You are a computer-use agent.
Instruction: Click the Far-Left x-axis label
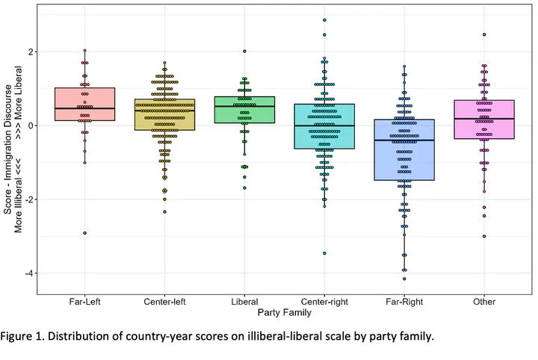click(84, 300)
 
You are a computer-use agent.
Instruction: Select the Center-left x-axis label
click(164, 300)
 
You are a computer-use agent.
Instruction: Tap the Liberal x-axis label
click(244, 300)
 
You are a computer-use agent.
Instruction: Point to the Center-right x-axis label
click(324, 300)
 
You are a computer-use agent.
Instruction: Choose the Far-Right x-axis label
click(404, 300)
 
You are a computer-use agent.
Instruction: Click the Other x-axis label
click(484, 300)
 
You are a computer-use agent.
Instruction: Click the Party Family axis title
click(285, 311)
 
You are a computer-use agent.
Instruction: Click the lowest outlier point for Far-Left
click(84, 233)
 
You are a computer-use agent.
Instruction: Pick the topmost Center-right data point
click(324, 20)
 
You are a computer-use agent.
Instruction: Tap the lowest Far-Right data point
click(404, 279)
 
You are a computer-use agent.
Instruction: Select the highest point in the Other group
click(484, 34)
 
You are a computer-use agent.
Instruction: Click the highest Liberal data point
click(244, 52)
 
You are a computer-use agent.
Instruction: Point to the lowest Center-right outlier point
click(324, 253)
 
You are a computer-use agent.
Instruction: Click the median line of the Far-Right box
click(404, 140)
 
